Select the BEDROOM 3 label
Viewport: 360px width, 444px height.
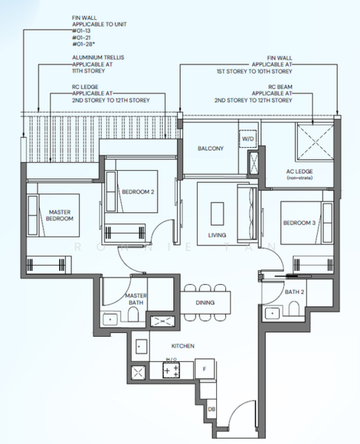pyautogui.click(x=298, y=223)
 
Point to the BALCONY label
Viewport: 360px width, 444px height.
pyautogui.click(x=210, y=149)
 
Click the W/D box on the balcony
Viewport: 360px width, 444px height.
pyautogui.click(x=246, y=138)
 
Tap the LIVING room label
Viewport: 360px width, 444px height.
pyautogui.click(x=217, y=235)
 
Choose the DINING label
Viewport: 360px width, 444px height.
pyautogui.click(x=205, y=303)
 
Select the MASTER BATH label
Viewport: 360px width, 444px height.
pyautogui.click(x=136, y=299)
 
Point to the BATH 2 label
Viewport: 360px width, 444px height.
pyautogui.click(x=295, y=292)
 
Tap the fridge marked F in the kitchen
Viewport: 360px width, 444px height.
pyautogui.click(x=204, y=368)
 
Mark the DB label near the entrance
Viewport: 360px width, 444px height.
pyautogui.click(x=212, y=409)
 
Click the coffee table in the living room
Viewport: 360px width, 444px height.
pyautogui.click(x=217, y=213)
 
